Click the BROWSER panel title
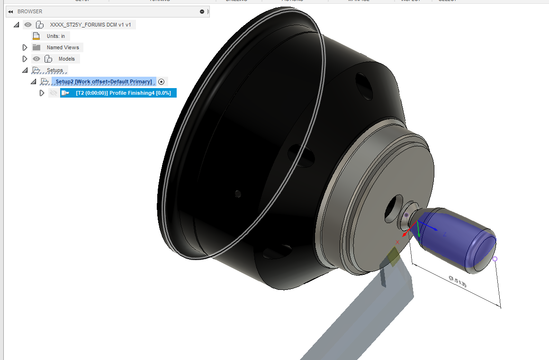pyautogui.click(x=30, y=11)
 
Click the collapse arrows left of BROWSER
pyautogui.click(x=10, y=11)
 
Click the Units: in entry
pyautogui.click(x=55, y=36)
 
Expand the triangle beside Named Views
pyautogui.click(x=25, y=47)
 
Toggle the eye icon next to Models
pyautogui.click(x=36, y=59)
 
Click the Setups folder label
pyautogui.click(x=55, y=70)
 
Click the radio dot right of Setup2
pyautogui.click(x=161, y=81)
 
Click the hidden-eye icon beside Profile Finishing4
pyautogui.click(x=54, y=93)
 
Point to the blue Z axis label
pyautogui.click(x=445, y=234)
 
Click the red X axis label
pyautogui.click(x=397, y=242)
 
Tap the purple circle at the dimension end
pyautogui.click(x=495, y=259)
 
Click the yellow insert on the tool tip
pyautogui.click(x=393, y=256)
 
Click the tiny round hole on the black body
pyautogui.click(x=238, y=193)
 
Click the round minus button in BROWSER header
pyautogui.click(x=202, y=11)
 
